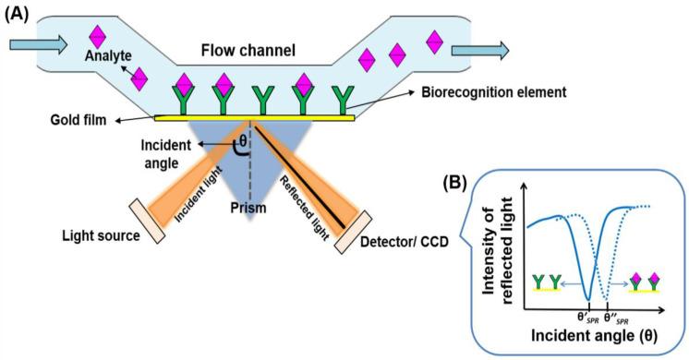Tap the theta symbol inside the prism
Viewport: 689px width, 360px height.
[243, 143]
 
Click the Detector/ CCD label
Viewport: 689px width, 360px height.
[427, 249]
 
